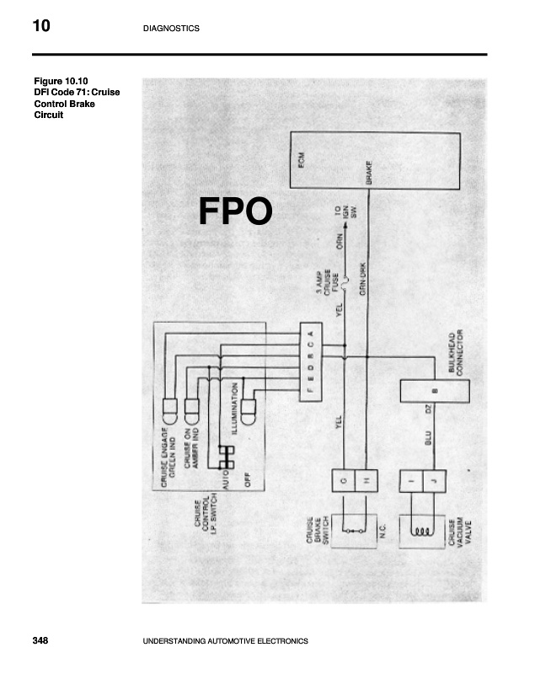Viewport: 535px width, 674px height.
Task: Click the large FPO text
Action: (x=235, y=211)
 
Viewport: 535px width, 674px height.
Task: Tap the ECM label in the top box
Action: (x=302, y=160)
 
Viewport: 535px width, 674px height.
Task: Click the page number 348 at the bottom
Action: (x=40, y=641)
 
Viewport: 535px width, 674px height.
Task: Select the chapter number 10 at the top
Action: (x=41, y=27)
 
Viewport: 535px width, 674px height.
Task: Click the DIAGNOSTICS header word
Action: (x=172, y=29)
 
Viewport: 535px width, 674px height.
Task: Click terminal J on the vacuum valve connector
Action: (x=434, y=480)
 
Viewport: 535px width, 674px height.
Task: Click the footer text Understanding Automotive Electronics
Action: (x=227, y=642)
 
